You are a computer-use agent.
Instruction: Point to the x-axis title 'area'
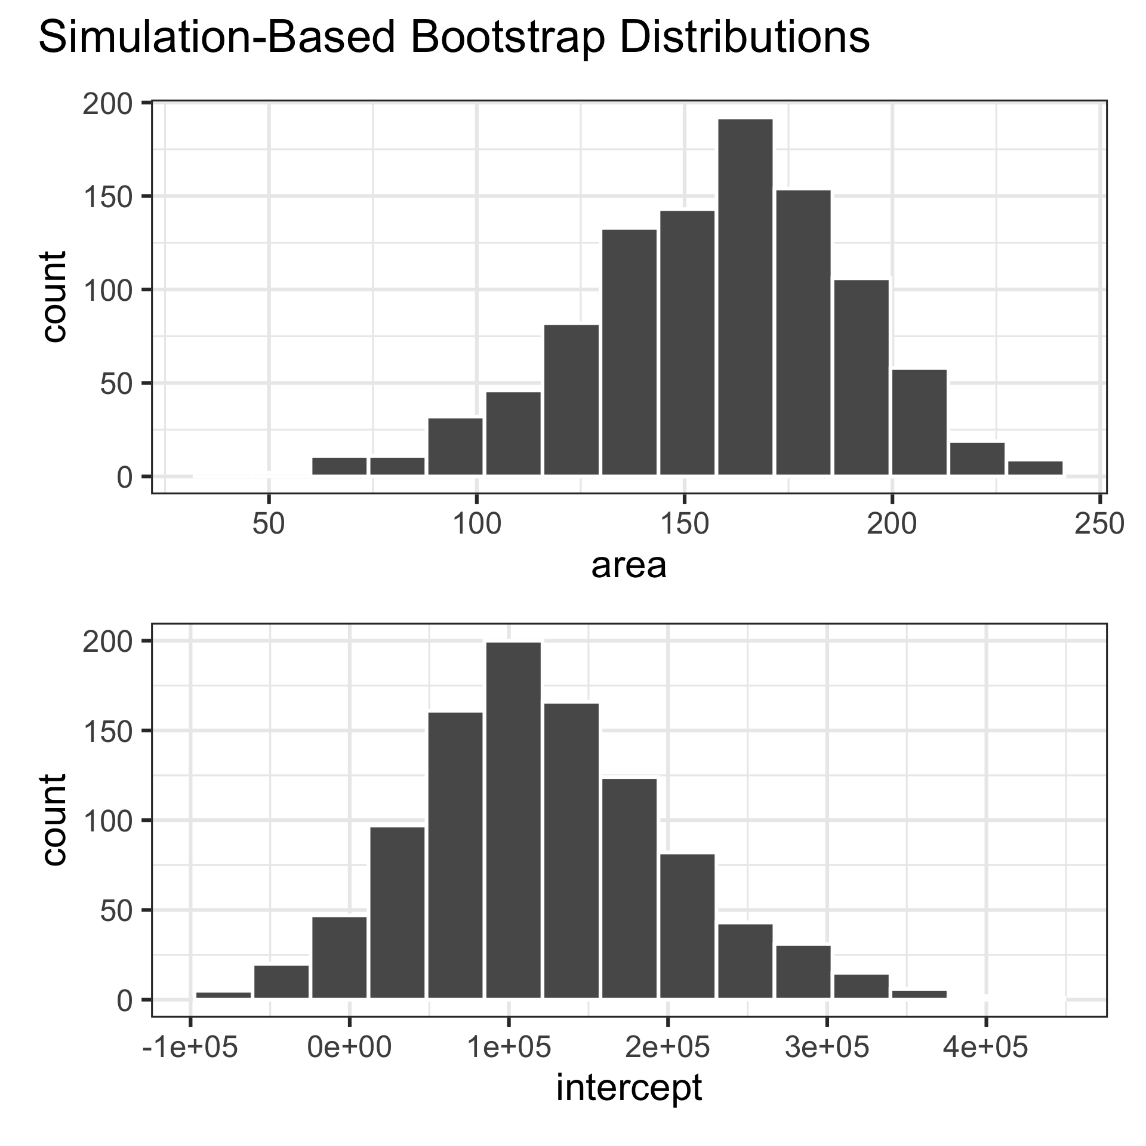click(629, 566)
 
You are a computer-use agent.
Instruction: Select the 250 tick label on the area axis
click(1099, 525)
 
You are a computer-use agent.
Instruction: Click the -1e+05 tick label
click(190, 1048)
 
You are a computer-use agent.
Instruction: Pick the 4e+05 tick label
click(985, 1048)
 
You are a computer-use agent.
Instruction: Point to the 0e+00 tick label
click(349, 1048)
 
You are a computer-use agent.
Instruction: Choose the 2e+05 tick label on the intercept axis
click(667, 1048)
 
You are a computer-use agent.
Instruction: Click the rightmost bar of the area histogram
click(1036, 468)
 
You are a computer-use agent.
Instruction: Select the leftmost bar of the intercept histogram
click(223, 994)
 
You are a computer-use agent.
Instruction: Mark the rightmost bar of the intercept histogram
click(919, 994)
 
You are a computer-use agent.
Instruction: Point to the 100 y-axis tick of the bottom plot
click(107, 820)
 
